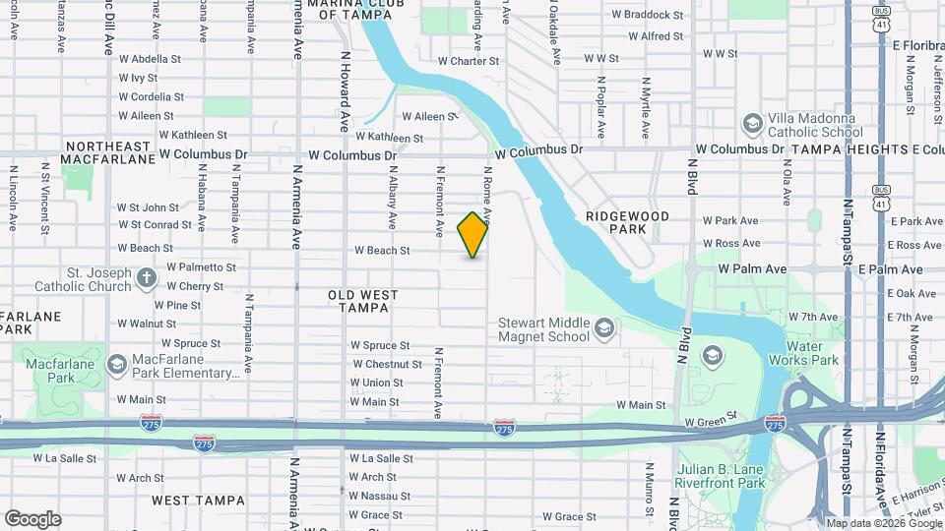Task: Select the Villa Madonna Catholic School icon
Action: click(x=753, y=124)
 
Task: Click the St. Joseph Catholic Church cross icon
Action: click(x=147, y=278)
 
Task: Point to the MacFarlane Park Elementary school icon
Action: click(x=117, y=365)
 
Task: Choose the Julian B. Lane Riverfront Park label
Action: click(x=721, y=476)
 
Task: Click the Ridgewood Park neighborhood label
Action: click(x=627, y=222)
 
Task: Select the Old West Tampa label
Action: click(x=362, y=301)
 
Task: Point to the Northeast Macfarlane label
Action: click(x=108, y=151)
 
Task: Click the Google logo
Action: click(x=32, y=519)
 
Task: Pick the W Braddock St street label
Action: click(x=647, y=15)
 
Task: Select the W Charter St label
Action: click(x=469, y=61)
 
